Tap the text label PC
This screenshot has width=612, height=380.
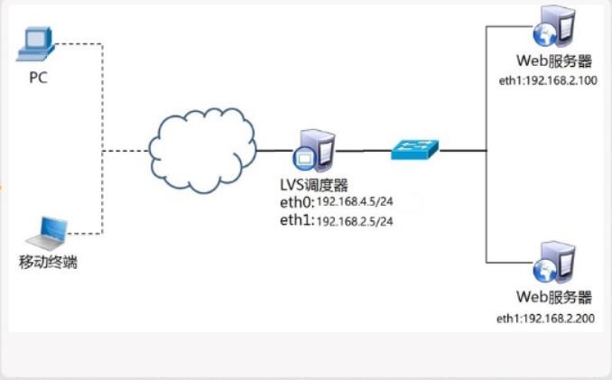pyautogui.click(x=37, y=78)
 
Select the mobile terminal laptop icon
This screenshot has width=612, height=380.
pyautogui.click(x=47, y=233)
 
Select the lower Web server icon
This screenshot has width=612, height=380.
pyautogui.click(x=553, y=262)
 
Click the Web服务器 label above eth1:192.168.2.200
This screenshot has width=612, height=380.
pyautogui.click(x=553, y=297)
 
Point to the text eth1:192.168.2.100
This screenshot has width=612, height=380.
pyautogui.click(x=548, y=80)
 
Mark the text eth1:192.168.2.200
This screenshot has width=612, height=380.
pyautogui.click(x=548, y=319)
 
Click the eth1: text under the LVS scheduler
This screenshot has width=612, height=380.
pyautogui.click(x=297, y=220)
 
